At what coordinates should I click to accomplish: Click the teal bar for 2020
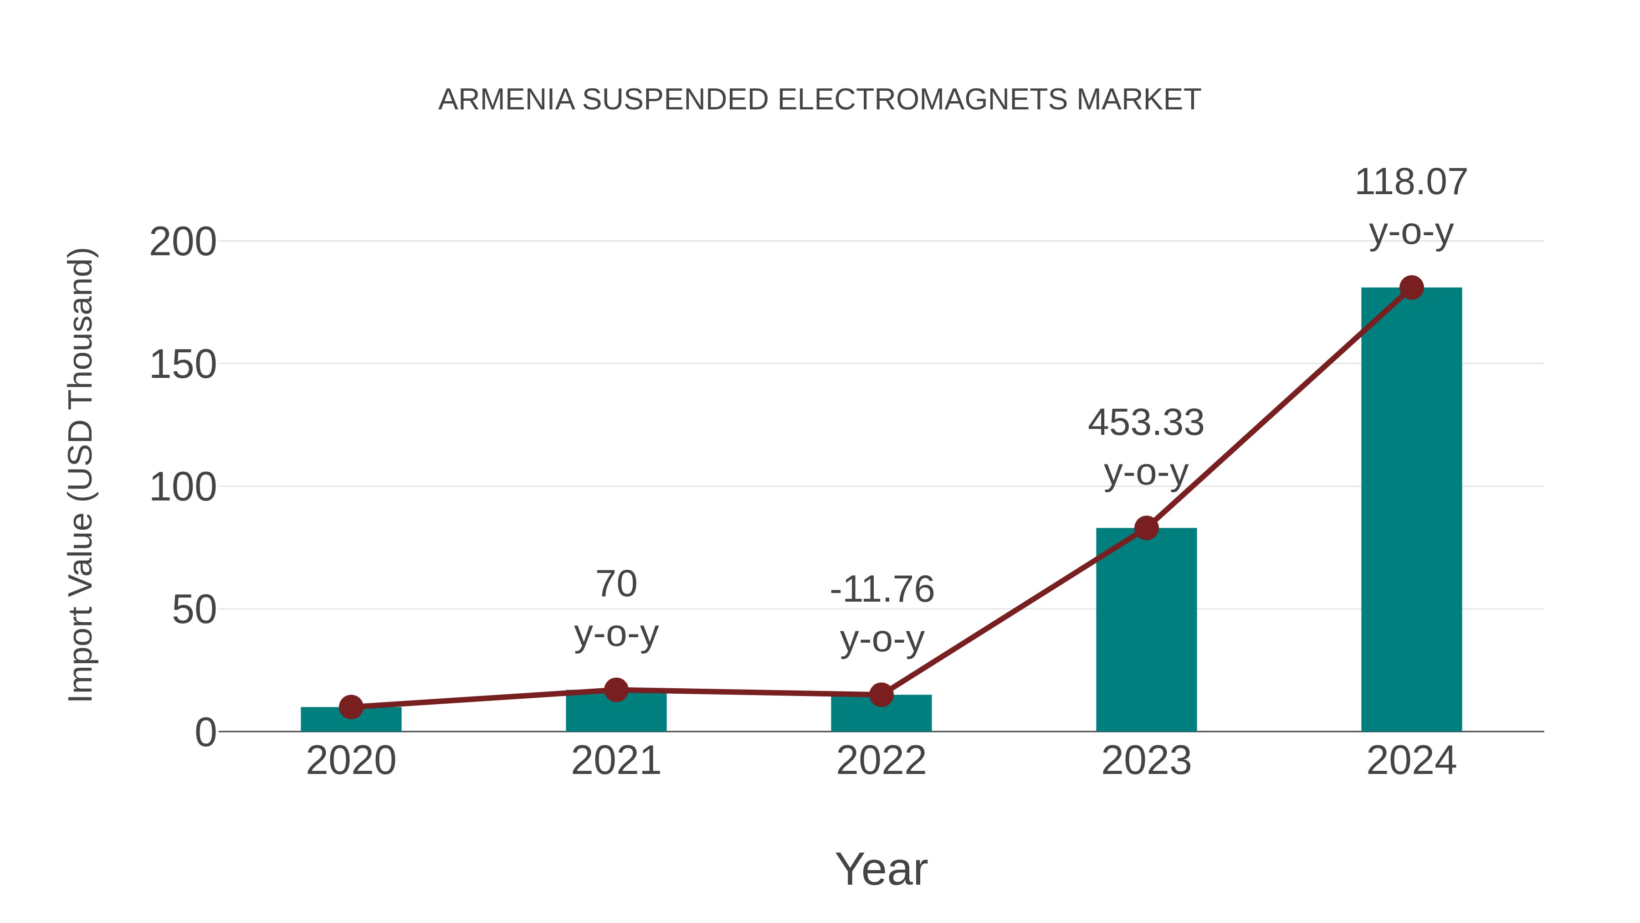tap(351, 721)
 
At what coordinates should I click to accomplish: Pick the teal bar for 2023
tap(1146, 631)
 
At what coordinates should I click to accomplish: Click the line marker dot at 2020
tap(351, 706)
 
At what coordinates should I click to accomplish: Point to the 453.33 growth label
tap(1146, 423)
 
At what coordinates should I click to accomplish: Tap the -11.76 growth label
tap(882, 589)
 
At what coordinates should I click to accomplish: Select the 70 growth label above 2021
tap(616, 584)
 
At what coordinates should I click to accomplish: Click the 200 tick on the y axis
tap(183, 242)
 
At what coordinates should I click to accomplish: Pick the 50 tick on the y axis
tap(194, 610)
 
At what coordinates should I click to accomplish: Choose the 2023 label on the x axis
tap(1146, 761)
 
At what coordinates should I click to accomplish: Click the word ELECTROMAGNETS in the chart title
tap(922, 100)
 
